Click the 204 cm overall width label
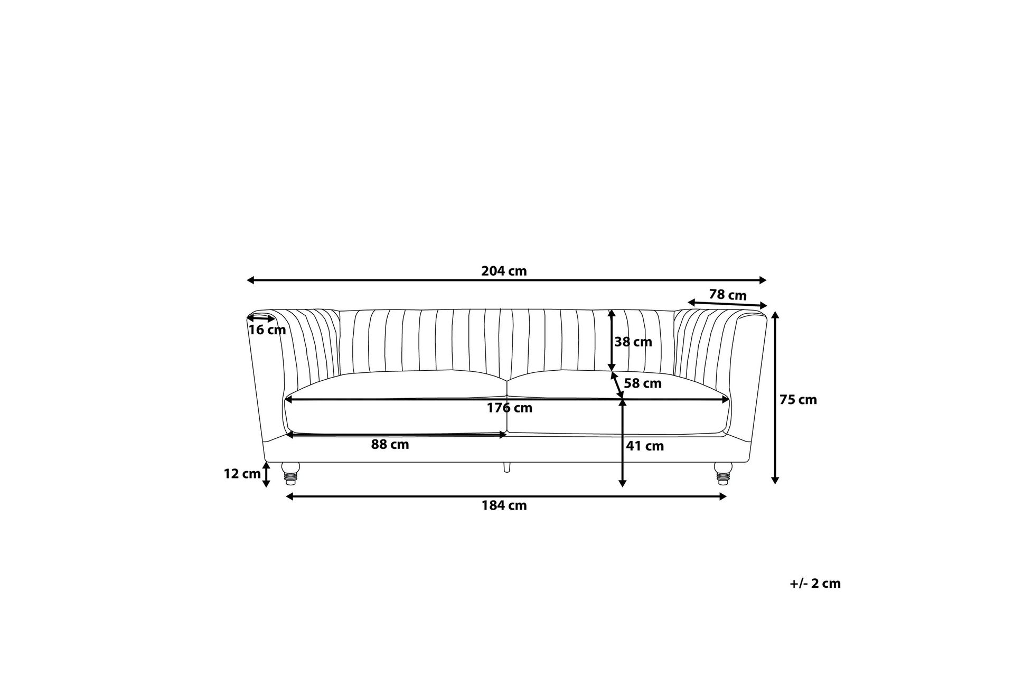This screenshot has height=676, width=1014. (504, 271)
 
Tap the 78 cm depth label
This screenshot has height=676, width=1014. (727, 295)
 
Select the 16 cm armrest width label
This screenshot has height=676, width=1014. (267, 330)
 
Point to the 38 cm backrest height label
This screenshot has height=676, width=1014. (633, 342)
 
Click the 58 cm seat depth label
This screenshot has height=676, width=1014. (642, 383)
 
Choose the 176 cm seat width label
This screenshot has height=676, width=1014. (509, 408)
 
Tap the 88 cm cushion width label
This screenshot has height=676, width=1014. (390, 445)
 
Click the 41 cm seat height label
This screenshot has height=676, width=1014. (644, 446)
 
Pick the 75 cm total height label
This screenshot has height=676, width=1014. (798, 400)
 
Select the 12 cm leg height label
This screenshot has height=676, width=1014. (242, 474)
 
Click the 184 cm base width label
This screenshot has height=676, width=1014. (504, 505)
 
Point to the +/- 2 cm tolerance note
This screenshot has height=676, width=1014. (815, 584)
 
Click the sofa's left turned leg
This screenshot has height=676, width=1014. (290, 473)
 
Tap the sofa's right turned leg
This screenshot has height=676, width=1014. (722, 473)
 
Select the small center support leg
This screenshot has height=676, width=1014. (507, 467)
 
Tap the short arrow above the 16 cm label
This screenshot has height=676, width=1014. (261, 318)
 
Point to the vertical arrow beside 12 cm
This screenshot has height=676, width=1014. (267, 474)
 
